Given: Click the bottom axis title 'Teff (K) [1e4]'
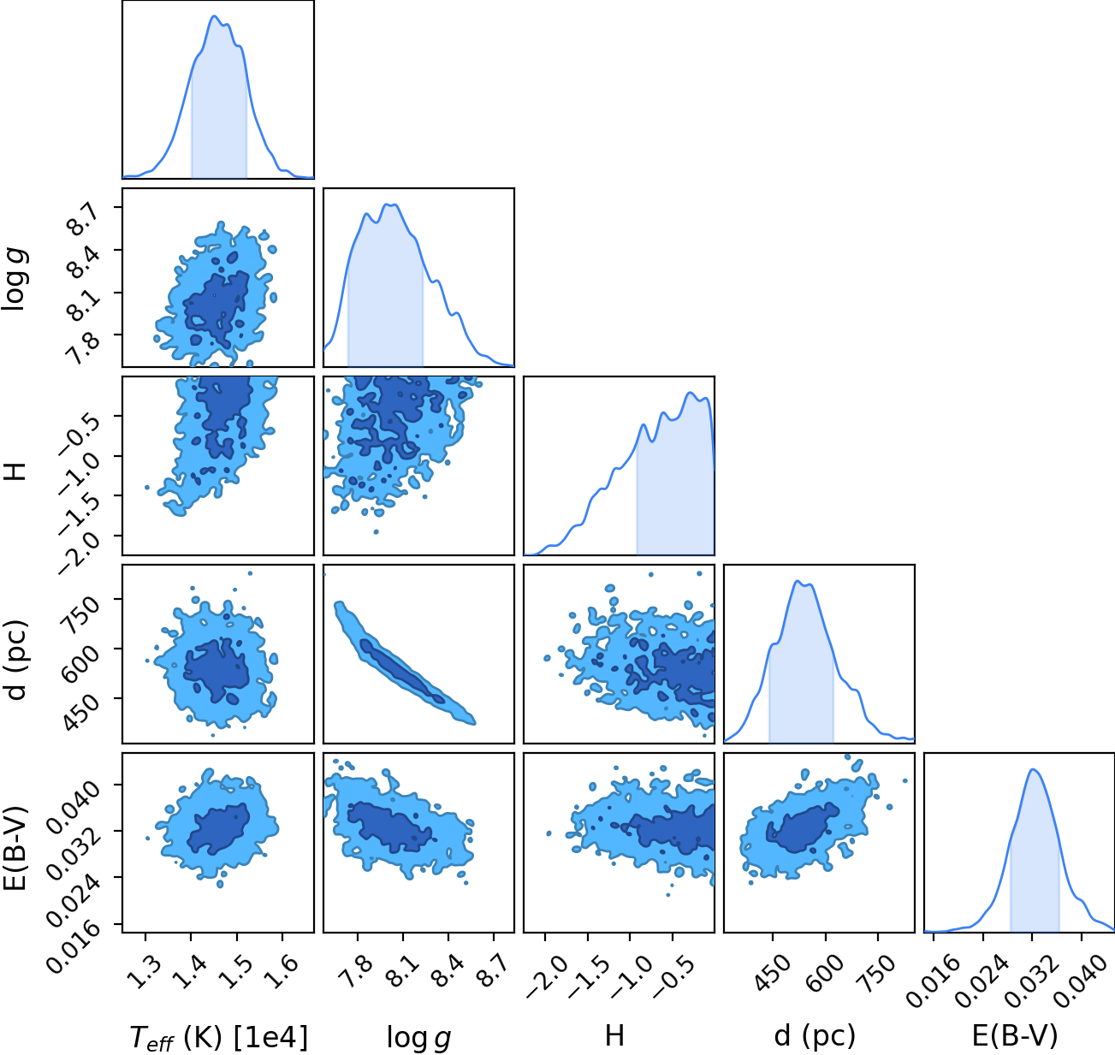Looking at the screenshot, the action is pyautogui.click(x=218, y=1037).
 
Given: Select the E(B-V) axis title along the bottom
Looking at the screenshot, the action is pyautogui.click(x=1015, y=1035).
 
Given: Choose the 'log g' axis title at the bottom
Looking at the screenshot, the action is pyautogui.click(x=418, y=1038).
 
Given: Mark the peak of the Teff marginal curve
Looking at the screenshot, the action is pyautogui.click(x=214, y=16).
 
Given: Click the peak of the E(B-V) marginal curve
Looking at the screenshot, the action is pyautogui.click(x=1034, y=770).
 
